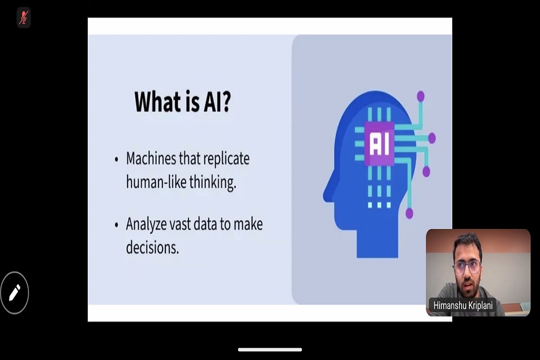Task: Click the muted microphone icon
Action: [23, 18]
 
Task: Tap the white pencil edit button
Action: [14, 293]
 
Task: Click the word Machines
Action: [151, 158]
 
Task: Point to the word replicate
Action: [226, 159]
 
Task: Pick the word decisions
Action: [153, 247]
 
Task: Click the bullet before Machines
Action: [117, 159]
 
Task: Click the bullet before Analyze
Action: [117, 225]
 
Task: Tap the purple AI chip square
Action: [379, 144]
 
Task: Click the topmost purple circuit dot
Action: [421, 96]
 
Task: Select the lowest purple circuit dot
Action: [409, 213]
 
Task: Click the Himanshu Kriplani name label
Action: [463, 306]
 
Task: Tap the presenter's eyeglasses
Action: [467, 267]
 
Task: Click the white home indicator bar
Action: [270, 350]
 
